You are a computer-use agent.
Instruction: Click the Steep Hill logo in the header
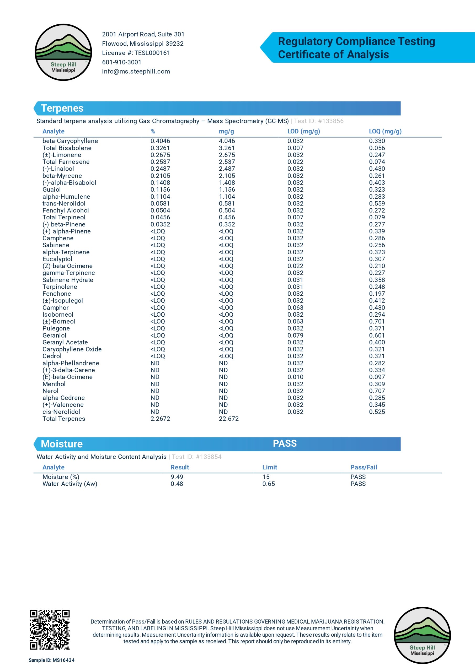click(63, 52)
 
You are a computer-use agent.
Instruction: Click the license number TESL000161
click(152, 53)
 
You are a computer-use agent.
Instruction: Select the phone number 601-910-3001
click(122, 62)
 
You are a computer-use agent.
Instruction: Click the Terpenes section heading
click(62, 109)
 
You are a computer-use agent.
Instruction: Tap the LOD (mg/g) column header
click(304, 132)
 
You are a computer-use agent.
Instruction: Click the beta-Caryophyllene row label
click(70, 141)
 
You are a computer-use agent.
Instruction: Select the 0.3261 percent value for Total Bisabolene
click(160, 148)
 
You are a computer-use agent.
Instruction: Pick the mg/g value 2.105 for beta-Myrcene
click(227, 176)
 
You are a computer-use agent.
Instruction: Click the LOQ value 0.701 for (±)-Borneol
click(377, 321)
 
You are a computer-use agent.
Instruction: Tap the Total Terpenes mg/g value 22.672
click(229, 419)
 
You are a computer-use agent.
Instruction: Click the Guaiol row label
click(51, 190)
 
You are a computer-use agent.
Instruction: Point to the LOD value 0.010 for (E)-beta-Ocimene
click(295, 377)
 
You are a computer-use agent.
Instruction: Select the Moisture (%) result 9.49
click(177, 477)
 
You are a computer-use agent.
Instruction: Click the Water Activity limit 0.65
click(269, 484)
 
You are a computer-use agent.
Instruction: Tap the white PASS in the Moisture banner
click(285, 444)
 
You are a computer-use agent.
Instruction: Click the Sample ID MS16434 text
click(51, 660)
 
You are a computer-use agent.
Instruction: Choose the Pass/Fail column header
click(364, 467)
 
